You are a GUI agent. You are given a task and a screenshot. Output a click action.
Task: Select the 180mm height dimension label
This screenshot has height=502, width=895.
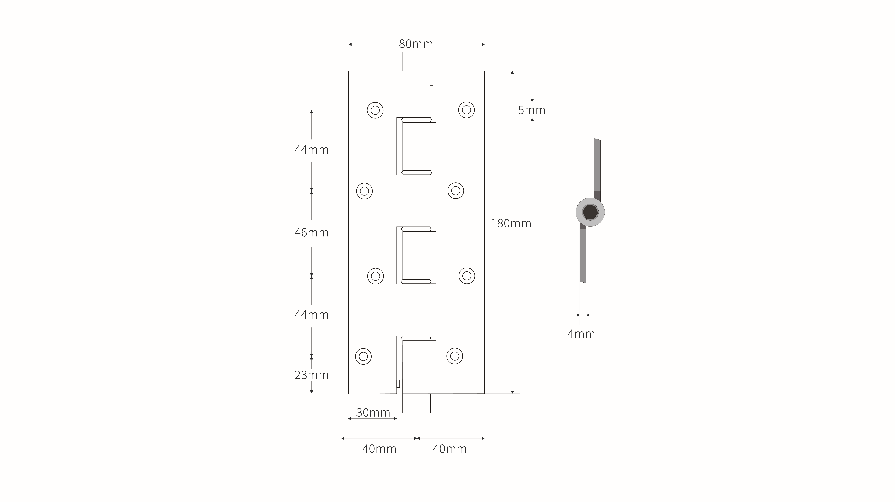point(511,223)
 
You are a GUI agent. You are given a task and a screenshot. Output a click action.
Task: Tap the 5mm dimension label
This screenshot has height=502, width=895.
point(532,110)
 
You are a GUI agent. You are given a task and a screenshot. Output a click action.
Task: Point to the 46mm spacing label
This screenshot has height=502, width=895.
point(311,232)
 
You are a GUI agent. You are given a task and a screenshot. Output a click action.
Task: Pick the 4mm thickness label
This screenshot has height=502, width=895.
point(581,334)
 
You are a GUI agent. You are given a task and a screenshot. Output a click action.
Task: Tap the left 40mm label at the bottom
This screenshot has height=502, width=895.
point(379,449)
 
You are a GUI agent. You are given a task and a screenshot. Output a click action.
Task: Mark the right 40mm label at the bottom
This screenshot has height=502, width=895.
point(450,449)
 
